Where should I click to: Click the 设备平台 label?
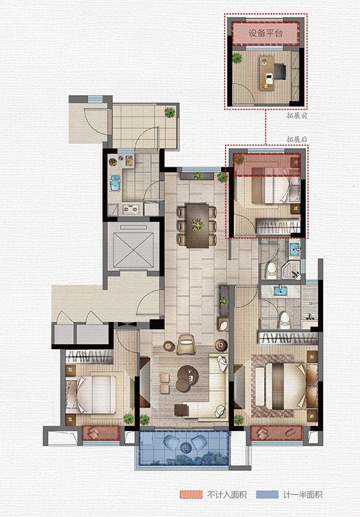pos(265,33)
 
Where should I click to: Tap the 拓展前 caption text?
pos(297,116)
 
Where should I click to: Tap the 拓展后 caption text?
pos(297,139)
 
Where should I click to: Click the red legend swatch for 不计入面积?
pos(191,495)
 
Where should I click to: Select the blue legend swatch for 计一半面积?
pos(267,495)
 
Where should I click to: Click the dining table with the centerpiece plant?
pos(198,226)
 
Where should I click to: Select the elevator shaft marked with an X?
pos(133,246)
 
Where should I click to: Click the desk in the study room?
pos(267,73)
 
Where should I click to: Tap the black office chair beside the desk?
pos(279,72)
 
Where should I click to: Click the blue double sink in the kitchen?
pos(115,183)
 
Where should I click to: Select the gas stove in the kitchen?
pos(131,208)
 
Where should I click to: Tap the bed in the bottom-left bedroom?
pos(91,395)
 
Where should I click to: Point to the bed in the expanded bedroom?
pos(275,185)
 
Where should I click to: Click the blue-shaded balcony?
pos(184,448)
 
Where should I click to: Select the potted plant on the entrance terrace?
pos(170,113)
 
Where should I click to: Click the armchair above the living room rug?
pos(187,344)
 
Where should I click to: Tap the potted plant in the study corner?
pos(237,59)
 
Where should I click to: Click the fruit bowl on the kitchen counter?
pos(113,162)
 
